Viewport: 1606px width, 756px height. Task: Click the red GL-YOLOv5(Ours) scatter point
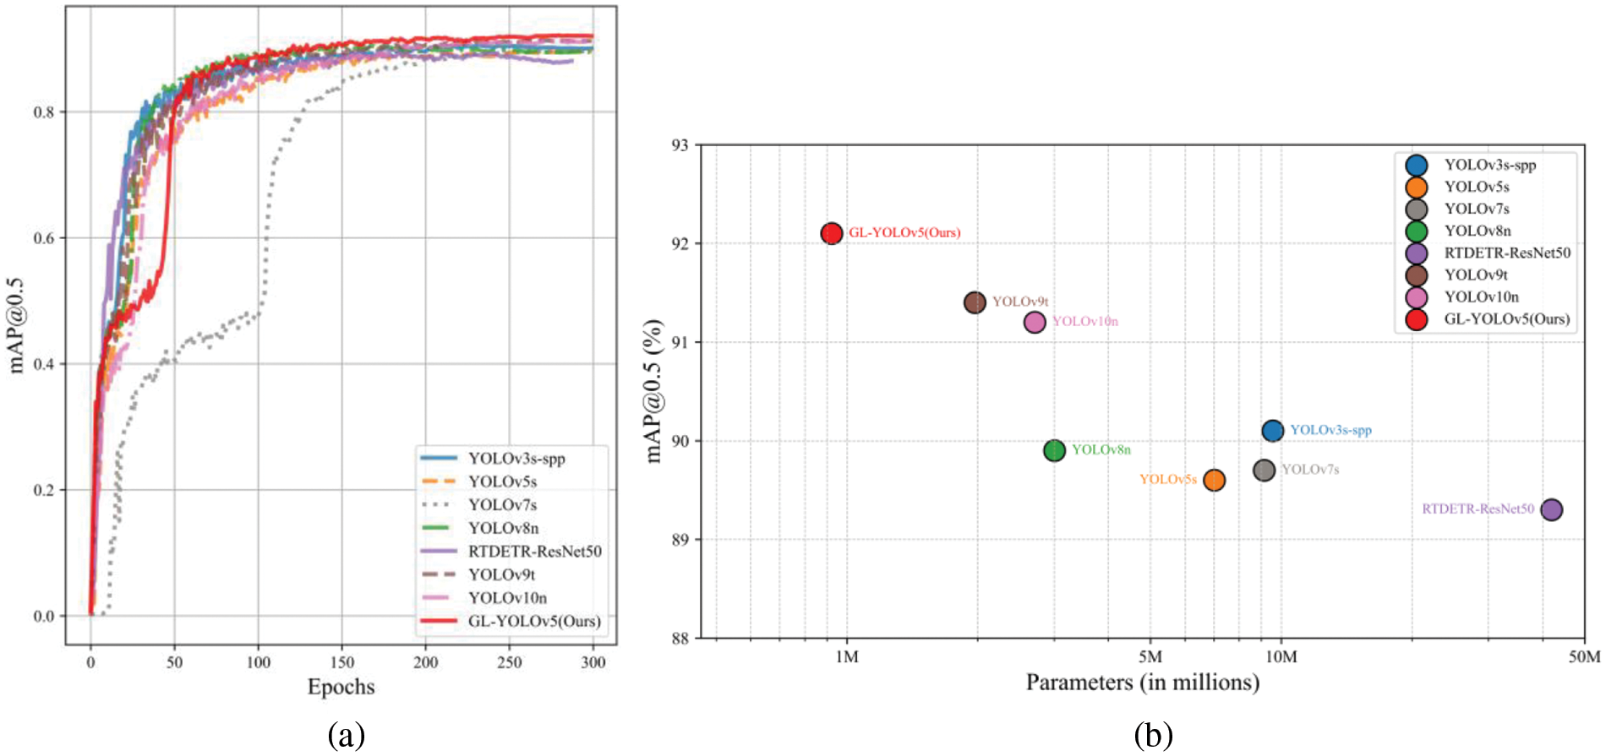(x=832, y=233)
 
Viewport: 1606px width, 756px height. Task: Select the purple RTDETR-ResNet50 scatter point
(x=1551, y=509)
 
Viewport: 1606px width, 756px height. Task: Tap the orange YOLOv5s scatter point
(x=1214, y=480)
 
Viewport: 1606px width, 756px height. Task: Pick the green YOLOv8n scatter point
(x=1054, y=450)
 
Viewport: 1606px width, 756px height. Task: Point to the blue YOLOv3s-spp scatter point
(x=1272, y=431)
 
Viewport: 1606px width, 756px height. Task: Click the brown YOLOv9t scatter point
(x=975, y=302)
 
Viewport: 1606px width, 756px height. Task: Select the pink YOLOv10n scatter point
(x=1035, y=322)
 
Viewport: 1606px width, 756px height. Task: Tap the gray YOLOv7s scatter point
(x=1264, y=470)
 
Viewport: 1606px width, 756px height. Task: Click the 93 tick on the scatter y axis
(x=680, y=145)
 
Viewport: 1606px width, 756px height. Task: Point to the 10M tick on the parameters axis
(x=1281, y=657)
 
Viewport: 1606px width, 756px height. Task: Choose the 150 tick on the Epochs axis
(x=341, y=662)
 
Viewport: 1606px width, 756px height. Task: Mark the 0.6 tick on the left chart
(x=44, y=238)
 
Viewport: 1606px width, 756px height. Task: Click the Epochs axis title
(x=341, y=687)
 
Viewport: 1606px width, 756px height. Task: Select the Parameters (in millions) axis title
(x=1143, y=683)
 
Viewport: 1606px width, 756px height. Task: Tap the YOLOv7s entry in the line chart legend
(x=502, y=505)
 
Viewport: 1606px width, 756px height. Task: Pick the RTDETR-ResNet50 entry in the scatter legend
(x=1506, y=253)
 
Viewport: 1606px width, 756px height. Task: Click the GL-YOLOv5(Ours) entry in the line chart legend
(x=534, y=621)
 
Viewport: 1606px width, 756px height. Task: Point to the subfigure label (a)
(x=347, y=735)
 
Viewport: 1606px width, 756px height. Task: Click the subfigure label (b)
(x=1153, y=735)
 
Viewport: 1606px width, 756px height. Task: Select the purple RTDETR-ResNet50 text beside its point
(x=1478, y=509)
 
